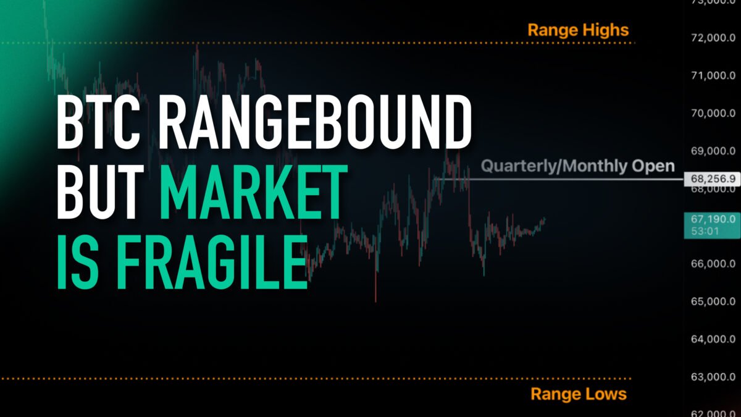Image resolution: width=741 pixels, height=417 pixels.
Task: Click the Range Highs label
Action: [x=578, y=30]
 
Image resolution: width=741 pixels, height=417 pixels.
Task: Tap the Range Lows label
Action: [x=579, y=394]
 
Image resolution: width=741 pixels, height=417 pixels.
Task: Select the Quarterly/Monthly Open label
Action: [x=577, y=166]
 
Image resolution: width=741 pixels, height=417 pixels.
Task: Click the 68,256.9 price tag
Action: [x=713, y=179]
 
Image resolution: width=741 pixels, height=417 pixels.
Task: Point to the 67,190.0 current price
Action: [x=713, y=219]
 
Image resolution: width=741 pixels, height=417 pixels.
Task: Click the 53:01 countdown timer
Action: [x=705, y=231]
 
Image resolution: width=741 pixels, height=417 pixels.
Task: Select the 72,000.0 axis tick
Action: [x=713, y=38]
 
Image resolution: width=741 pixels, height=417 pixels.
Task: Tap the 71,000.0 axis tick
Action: [x=713, y=76]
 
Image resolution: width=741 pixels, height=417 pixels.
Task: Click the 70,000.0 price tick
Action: [x=713, y=114]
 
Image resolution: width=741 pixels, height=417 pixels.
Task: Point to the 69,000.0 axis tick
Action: [x=713, y=151]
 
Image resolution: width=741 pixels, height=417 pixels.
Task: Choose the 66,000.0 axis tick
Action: [x=713, y=264]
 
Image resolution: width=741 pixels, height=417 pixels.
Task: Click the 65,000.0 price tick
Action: [x=713, y=301]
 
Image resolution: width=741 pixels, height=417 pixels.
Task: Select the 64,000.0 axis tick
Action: [x=713, y=339]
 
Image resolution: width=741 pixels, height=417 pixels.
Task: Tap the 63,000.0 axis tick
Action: [x=713, y=377]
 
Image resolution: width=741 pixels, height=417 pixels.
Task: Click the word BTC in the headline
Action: [x=98, y=122]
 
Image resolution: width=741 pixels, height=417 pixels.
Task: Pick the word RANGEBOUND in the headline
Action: [x=316, y=122]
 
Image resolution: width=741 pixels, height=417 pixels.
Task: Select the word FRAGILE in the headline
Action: [x=212, y=261]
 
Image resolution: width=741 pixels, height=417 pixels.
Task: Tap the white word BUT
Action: [x=101, y=192]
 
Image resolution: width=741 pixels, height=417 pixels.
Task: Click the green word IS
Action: [x=78, y=261]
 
